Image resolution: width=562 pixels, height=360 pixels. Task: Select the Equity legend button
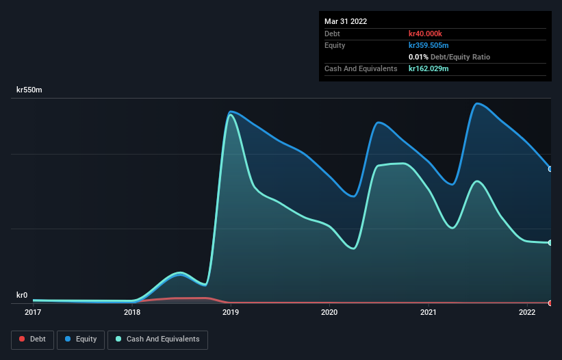(81, 339)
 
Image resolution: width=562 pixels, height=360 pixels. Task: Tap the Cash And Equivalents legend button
(157, 339)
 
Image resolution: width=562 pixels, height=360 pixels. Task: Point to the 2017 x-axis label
(33, 313)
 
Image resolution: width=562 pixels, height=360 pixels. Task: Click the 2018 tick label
(132, 313)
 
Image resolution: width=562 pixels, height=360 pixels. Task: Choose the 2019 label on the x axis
(231, 313)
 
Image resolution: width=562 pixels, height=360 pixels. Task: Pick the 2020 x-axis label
(329, 313)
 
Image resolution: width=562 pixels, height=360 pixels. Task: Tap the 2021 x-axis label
(429, 313)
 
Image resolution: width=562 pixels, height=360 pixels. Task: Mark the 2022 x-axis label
(527, 313)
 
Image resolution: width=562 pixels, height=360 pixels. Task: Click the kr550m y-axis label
(29, 90)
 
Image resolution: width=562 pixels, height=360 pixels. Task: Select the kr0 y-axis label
(22, 295)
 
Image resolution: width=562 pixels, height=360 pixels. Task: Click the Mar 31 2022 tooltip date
(346, 21)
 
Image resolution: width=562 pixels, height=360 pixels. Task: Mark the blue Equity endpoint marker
(550, 169)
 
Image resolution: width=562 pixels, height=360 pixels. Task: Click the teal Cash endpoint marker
(550, 242)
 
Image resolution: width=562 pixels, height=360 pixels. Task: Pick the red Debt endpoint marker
(550, 303)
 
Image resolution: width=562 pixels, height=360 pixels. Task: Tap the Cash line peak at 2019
(231, 114)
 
